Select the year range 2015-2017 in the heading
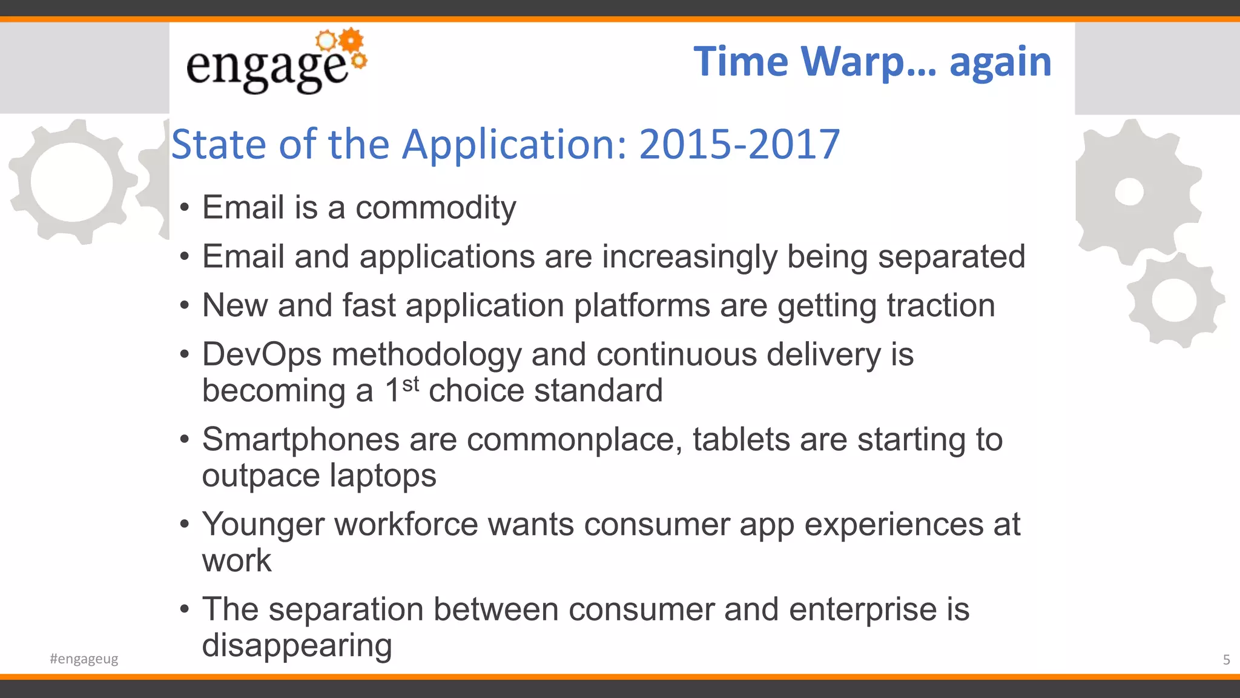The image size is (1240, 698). (739, 144)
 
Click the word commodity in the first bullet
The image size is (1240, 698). (435, 208)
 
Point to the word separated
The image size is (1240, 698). (951, 256)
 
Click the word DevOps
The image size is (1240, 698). (262, 354)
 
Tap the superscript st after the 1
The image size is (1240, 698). (411, 384)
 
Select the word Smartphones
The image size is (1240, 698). (300, 439)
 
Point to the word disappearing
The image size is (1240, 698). (297, 645)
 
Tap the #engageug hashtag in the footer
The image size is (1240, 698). (84, 659)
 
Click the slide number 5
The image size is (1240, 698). (1226, 659)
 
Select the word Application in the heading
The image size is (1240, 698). (515, 144)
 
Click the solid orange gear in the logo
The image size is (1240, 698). (351, 41)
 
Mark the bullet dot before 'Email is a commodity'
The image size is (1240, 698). (185, 208)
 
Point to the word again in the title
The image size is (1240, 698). (1000, 62)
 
